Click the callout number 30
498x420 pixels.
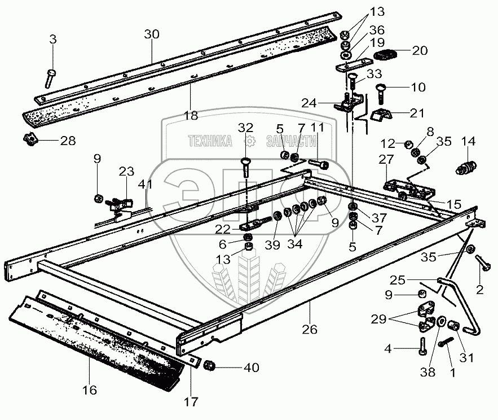[152, 34]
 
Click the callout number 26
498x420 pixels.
[310, 328]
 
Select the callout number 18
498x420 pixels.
[191, 116]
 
